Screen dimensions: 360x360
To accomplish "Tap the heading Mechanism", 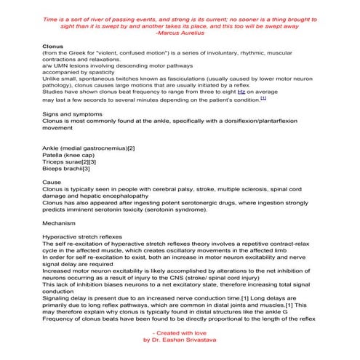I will (60, 223).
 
